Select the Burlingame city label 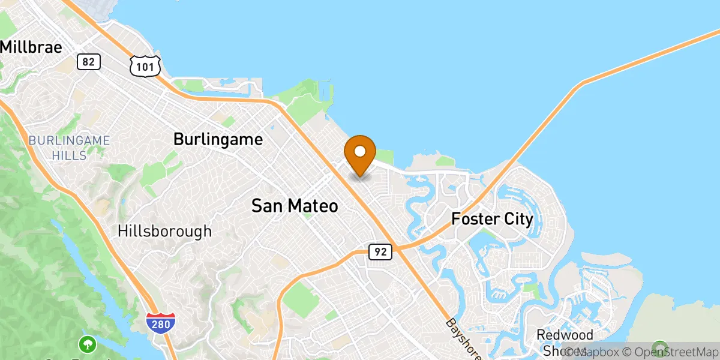[x=218, y=140]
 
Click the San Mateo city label [x=294, y=206]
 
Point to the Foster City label [x=492, y=219]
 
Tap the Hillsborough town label [x=164, y=231]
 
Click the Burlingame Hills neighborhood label [x=70, y=146]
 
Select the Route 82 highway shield [x=89, y=61]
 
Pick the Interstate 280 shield [x=161, y=323]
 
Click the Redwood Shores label [x=564, y=343]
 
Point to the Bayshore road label [x=464, y=340]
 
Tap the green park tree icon [x=88, y=344]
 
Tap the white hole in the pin [x=360, y=150]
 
